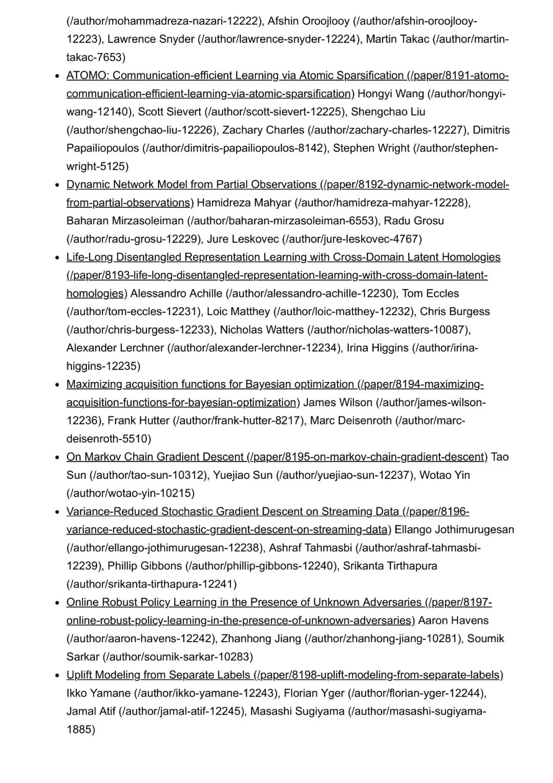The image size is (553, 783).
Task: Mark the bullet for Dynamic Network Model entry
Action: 58,185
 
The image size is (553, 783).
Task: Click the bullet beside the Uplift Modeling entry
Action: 58,675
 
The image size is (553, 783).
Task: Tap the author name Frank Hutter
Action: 138,421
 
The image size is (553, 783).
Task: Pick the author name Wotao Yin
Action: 444,475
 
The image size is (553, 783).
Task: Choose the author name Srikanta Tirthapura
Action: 390,566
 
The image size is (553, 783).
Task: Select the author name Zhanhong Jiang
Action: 261,639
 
